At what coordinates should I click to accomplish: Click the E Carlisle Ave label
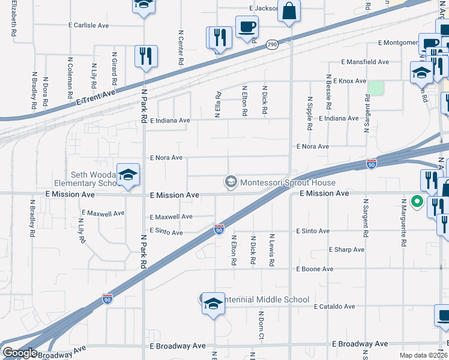click(89, 26)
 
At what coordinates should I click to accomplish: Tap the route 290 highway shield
click(272, 45)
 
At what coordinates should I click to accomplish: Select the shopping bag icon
click(289, 11)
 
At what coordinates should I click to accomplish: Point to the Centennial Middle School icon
click(212, 304)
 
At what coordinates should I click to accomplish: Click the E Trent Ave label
click(95, 95)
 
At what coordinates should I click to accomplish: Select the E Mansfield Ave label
click(365, 62)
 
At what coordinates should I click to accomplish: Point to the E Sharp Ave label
click(347, 250)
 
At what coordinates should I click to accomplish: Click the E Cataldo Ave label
click(335, 307)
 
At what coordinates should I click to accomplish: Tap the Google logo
click(20, 353)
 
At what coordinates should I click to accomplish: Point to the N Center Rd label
click(180, 48)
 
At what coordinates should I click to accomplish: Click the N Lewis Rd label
click(272, 250)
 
